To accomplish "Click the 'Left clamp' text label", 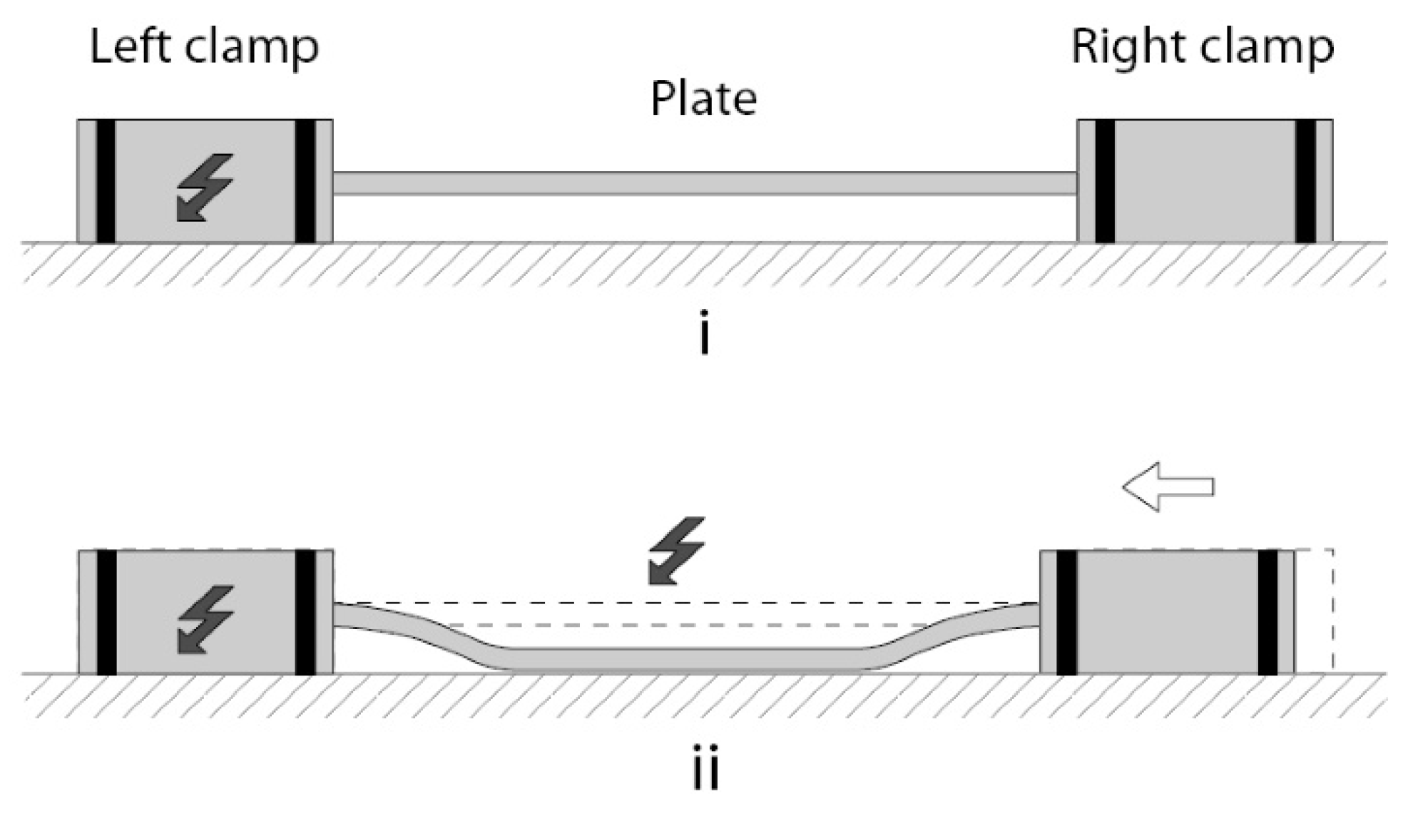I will click(204, 47).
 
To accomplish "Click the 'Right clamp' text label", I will click(1203, 47).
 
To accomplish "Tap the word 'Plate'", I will click(703, 98).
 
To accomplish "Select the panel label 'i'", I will click(705, 332).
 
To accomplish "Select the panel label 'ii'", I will click(705, 767).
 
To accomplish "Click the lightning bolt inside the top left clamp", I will click(205, 187).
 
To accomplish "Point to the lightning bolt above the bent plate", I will click(676, 551).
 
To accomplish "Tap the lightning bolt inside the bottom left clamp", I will click(205, 618).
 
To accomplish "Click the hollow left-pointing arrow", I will click(1168, 486).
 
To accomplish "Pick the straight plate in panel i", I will click(704, 183).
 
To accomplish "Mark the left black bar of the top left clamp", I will click(106, 181).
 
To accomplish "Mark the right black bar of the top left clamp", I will click(305, 181).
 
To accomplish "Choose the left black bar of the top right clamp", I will click(1104, 181).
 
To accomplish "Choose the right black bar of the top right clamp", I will click(1305, 181).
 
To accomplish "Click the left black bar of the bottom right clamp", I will click(1066, 612).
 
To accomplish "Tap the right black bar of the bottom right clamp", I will click(1267, 612).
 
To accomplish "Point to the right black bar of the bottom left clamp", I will click(305, 612).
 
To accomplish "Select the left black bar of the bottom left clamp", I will click(106, 612).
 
